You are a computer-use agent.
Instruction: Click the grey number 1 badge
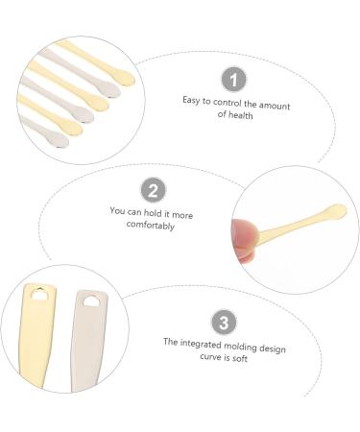(235, 79)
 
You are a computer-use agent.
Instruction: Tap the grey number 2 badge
(154, 191)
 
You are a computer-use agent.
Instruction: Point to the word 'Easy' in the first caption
(192, 100)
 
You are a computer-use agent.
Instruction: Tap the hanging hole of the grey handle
(92, 300)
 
